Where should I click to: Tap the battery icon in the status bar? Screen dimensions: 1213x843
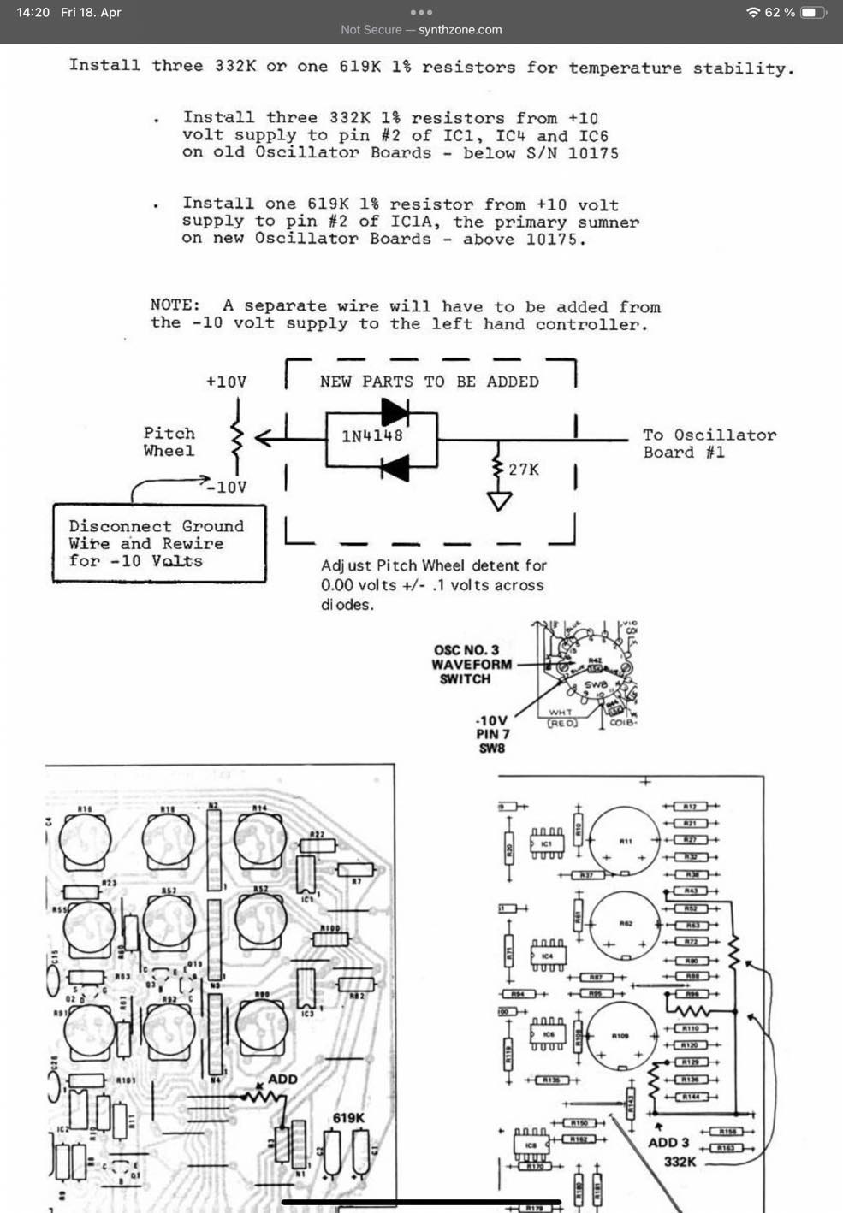tap(813, 13)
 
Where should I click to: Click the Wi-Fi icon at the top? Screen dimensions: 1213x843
tap(753, 13)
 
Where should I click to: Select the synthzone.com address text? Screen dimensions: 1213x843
tap(460, 30)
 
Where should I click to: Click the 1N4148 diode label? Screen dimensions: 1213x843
tap(371, 435)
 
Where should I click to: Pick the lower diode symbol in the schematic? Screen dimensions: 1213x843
tap(395, 468)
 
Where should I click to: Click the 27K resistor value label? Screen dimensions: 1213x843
tap(524, 470)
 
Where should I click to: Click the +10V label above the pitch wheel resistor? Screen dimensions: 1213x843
tap(226, 382)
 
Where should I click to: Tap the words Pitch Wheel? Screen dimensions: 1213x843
tap(169, 441)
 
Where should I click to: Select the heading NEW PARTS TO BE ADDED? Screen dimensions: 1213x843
tap(429, 382)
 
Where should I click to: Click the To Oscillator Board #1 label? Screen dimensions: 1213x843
tap(709, 443)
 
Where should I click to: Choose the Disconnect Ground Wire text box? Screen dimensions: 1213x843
tap(158, 544)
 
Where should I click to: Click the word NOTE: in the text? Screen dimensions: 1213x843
tap(175, 305)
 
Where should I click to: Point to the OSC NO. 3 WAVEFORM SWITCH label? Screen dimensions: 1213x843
tap(471, 664)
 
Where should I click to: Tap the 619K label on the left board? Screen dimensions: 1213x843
tap(348, 1118)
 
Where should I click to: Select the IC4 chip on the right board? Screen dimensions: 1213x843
tap(547, 956)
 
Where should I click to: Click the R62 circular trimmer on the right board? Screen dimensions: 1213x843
tap(625, 926)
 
